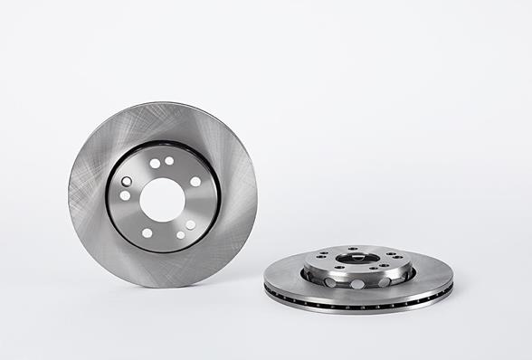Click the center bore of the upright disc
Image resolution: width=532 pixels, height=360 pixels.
[163, 198]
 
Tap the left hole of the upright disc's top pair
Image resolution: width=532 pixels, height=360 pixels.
[155, 164]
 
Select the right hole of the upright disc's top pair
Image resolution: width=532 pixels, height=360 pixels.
[169, 161]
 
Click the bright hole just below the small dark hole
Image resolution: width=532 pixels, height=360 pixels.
[125, 195]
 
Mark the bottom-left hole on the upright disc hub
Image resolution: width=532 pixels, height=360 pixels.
[147, 232]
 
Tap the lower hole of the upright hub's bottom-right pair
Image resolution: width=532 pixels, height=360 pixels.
[180, 234]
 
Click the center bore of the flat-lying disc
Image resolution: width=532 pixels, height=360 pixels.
[358, 259]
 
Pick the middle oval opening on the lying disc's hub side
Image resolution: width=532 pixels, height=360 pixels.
[357, 283]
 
